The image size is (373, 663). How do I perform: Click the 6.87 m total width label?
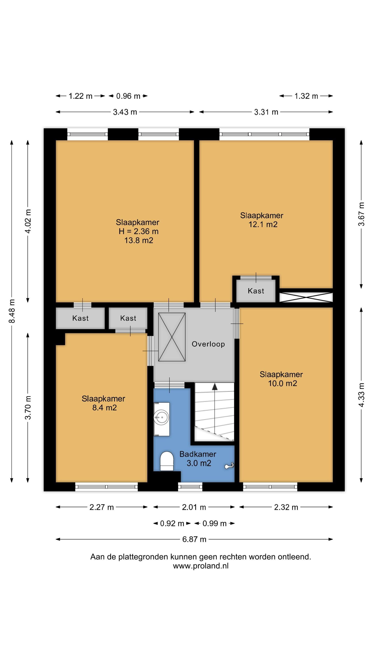pos(194,539)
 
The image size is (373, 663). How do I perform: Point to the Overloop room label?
pos(208,344)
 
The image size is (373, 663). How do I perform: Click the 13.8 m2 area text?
pos(139,240)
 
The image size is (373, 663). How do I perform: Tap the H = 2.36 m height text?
pos(139,231)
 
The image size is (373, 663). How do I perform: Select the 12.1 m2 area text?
pos(263,225)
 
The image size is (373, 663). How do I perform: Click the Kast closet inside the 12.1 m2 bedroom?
pos(256,291)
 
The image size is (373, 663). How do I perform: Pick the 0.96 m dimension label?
pos(128,96)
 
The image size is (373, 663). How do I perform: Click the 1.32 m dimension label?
pos(306,96)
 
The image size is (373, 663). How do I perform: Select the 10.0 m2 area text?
pos(282,383)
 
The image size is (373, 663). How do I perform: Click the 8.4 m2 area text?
pos(105,408)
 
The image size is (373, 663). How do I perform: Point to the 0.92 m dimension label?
pos(172,523)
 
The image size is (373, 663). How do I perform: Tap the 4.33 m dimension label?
pos(362,395)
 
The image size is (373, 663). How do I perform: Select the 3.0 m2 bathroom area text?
pos(199,463)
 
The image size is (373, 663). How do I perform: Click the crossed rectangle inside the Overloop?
pos(172,337)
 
